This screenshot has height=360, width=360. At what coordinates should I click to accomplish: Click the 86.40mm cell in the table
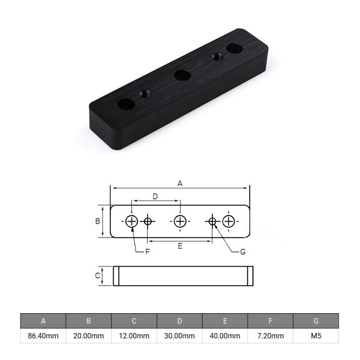pos(43,336)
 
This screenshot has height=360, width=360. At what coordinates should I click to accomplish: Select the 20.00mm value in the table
pos(89,336)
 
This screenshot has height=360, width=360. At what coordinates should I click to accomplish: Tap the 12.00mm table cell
pos(134,336)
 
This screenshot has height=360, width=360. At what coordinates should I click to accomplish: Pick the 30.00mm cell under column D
pos(180,336)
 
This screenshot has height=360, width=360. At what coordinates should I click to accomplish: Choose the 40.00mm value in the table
pos(226,336)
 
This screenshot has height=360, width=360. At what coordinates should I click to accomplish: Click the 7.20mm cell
pos(271,336)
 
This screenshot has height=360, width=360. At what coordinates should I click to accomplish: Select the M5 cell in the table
pos(316,336)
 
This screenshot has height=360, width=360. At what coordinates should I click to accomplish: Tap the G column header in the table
pos(316,321)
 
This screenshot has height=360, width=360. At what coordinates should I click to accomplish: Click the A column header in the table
pos(43,321)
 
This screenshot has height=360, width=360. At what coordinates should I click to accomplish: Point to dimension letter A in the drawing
pos(179,184)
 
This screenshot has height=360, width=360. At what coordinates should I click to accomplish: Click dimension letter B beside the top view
pos(97,221)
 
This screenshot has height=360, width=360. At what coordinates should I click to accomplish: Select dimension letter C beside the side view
pos(97,276)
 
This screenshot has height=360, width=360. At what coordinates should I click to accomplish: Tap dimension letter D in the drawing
pos(155,196)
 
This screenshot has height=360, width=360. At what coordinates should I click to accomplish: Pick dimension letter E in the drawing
pos(180,245)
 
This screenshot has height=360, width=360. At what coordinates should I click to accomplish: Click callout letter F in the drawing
pos(148,251)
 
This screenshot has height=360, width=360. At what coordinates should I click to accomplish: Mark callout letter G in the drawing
pos(242,252)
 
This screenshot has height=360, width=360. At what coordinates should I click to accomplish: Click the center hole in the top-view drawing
pos(180,221)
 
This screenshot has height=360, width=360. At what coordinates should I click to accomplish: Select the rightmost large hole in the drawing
pos(228,221)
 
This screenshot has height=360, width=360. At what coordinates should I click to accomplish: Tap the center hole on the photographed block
pos(181,75)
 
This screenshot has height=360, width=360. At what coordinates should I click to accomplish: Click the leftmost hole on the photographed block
pos(125,104)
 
